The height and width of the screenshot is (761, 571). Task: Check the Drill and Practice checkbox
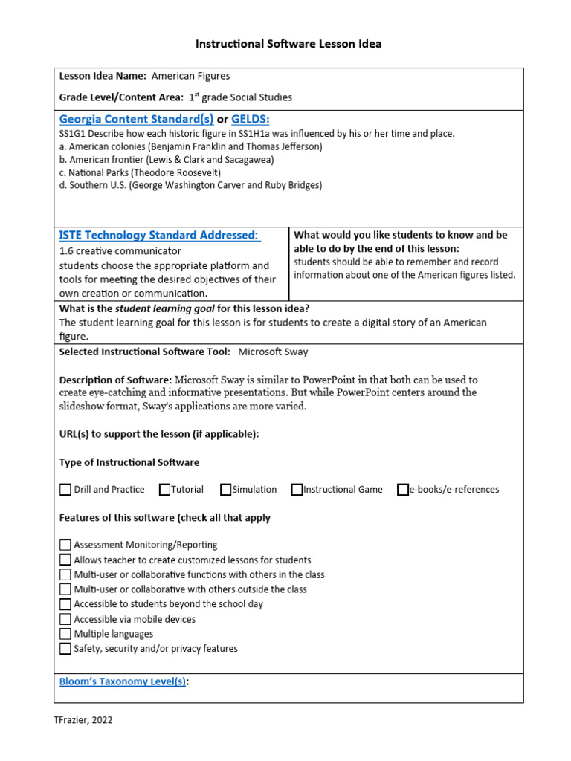click(65, 490)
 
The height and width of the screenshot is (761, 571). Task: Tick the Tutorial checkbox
click(164, 490)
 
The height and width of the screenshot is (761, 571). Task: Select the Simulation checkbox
click(226, 490)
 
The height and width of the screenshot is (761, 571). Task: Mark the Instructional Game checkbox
click(297, 490)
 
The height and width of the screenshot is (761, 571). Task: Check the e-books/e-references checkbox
click(403, 490)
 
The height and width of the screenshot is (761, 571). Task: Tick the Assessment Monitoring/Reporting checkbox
click(65, 545)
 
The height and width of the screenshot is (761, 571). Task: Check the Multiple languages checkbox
click(65, 634)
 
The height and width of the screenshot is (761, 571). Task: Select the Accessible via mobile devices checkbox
click(65, 619)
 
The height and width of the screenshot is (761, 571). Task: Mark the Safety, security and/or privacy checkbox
click(65, 649)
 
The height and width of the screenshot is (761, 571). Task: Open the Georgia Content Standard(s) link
click(136, 120)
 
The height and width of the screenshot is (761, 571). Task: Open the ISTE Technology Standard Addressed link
click(159, 236)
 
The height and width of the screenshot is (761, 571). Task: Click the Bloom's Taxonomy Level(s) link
click(123, 681)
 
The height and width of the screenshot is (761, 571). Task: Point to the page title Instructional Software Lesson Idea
click(288, 44)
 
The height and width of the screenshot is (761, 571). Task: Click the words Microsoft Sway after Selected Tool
click(273, 352)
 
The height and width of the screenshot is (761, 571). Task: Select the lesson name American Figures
click(190, 76)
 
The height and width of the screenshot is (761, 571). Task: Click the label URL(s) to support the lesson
click(159, 434)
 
